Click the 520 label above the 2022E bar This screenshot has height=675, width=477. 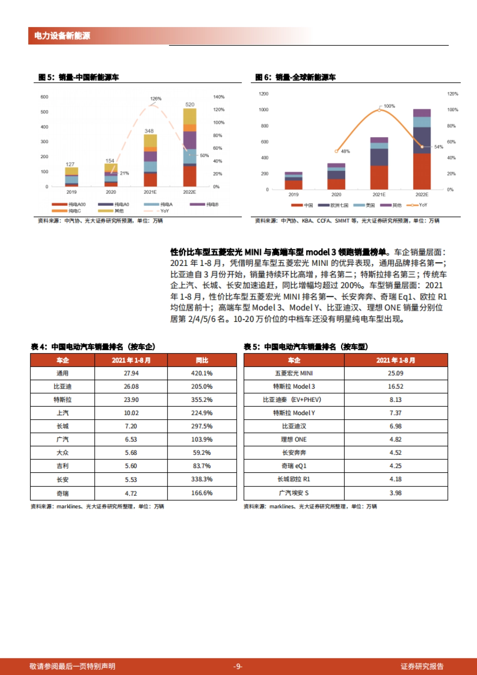pyautogui.click(x=190, y=105)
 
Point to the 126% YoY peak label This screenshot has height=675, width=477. pyautogui.click(x=156, y=99)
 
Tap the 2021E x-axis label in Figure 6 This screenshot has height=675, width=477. pyautogui.click(x=379, y=194)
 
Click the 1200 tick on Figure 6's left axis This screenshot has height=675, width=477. pyautogui.click(x=264, y=94)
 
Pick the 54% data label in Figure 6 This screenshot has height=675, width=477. pyautogui.click(x=438, y=147)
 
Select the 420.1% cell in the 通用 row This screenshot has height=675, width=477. pyautogui.click(x=202, y=373)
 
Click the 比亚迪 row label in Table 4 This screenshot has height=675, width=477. pyautogui.click(x=62, y=386)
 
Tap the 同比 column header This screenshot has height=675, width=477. pyautogui.click(x=202, y=360)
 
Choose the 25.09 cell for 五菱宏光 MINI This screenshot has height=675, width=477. pyautogui.click(x=395, y=373)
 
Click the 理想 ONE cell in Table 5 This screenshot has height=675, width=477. pyautogui.click(x=294, y=439)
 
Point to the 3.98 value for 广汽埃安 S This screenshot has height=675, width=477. pyautogui.click(x=395, y=493)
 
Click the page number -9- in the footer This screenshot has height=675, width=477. pyautogui.click(x=238, y=666)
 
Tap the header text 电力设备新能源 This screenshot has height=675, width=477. pyautogui.click(x=62, y=36)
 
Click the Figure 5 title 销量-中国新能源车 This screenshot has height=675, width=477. pyautogui.click(x=89, y=77)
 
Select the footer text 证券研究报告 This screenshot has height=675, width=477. pyautogui.click(x=422, y=666)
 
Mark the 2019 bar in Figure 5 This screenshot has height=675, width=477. pyautogui.click(x=72, y=177)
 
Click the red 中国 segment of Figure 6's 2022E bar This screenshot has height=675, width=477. pyautogui.click(x=422, y=171)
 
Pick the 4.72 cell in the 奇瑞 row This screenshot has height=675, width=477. pyautogui.click(x=131, y=493)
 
